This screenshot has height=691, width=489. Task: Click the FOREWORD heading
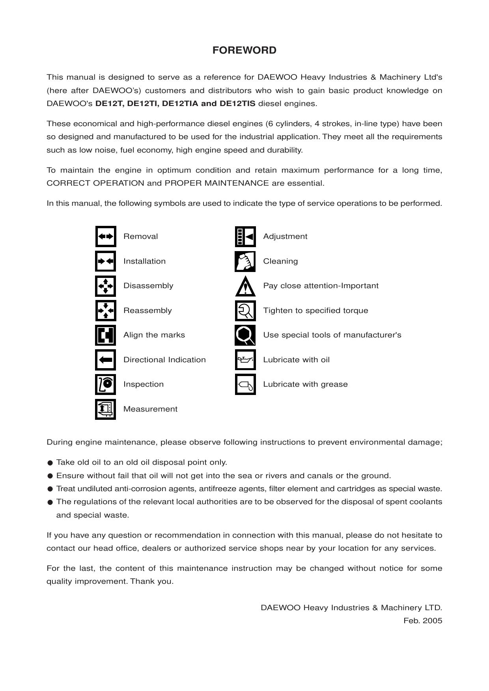pos(244,50)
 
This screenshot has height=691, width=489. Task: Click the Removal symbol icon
pos(105,237)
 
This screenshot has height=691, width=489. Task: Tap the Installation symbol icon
pos(105,261)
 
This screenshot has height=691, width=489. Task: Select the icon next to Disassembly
pos(105,286)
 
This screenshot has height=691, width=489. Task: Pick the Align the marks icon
pos(105,335)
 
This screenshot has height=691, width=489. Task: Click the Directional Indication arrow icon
pos(105,360)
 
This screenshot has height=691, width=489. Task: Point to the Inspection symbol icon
pos(105,385)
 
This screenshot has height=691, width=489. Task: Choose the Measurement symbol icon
pos(105,409)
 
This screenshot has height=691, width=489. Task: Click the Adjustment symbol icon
pos(245,237)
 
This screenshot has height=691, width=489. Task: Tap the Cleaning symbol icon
pos(245,261)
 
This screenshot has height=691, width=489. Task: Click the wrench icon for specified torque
pos(245,311)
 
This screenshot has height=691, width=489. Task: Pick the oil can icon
pos(245,360)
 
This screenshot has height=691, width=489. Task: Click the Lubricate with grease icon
pos(245,385)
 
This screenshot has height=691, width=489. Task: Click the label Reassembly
pos(147,311)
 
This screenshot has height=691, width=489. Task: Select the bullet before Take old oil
pos(50,463)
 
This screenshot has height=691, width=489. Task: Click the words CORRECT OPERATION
pos(95,183)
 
